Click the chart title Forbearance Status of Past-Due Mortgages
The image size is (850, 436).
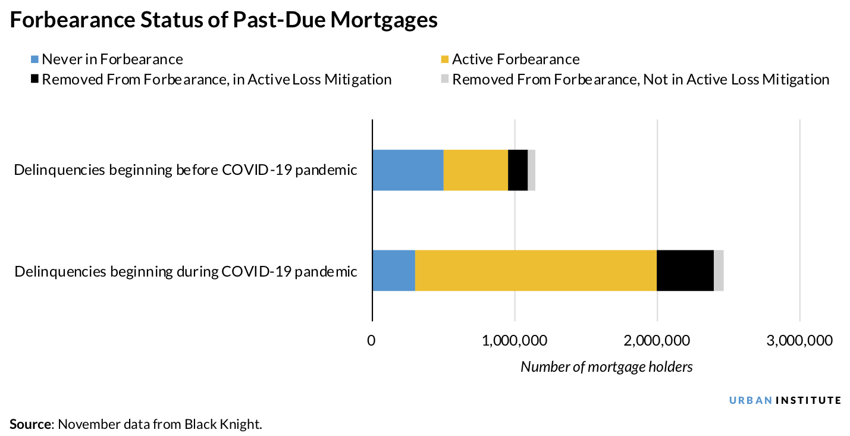click(x=224, y=20)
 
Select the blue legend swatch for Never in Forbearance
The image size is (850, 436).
click(x=34, y=59)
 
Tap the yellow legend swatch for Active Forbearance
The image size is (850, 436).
click(x=444, y=59)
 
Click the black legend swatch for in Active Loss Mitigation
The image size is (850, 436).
click(x=34, y=80)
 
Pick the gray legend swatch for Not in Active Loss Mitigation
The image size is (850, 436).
click(x=444, y=80)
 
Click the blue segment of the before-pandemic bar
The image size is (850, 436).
click(x=407, y=170)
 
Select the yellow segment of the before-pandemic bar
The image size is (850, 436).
click(x=475, y=170)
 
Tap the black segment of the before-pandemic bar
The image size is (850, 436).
click(x=517, y=170)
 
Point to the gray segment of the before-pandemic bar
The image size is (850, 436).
click(x=531, y=170)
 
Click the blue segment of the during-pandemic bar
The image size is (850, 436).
click(x=393, y=271)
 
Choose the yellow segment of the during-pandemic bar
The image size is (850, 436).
click(x=535, y=271)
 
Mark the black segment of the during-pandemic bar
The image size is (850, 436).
click(x=685, y=271)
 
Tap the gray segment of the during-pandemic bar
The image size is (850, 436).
click(x=719, y=271)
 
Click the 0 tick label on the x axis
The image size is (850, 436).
click(x=372, y=341)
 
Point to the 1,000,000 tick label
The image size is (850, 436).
click(x=514, y=341)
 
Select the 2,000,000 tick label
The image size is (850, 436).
click(x=657, y=341)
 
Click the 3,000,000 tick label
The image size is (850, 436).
click(x=799, y=341)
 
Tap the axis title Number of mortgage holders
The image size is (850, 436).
click(x=606, y=367)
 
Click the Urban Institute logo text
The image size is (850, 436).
click(x=785, y=400)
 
